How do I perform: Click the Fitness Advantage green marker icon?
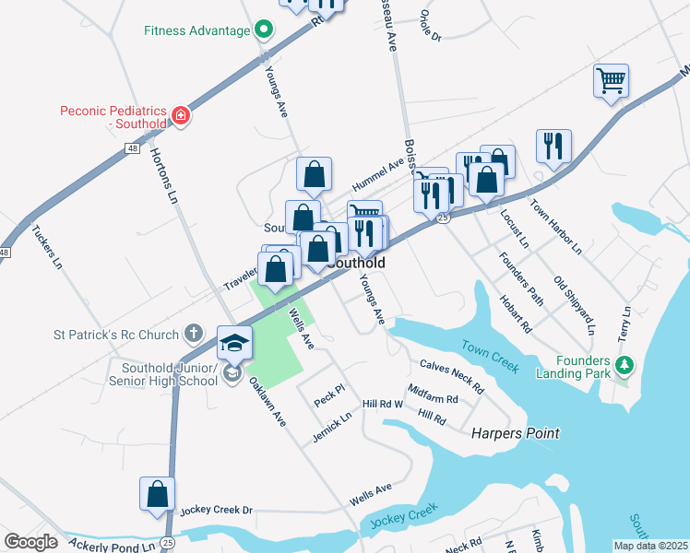point(263,30)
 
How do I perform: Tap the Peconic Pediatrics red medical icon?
point(182,116)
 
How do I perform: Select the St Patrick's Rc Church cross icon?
point(193,332)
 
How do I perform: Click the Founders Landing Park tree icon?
point(625,367)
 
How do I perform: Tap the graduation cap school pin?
point(234,343)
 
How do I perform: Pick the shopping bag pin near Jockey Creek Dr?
point(158,493)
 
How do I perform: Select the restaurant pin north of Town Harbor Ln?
point(553,146)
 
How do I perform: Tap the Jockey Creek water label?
point(402,517)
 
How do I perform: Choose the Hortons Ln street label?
point(163,175)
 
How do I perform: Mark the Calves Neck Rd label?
point(452,377)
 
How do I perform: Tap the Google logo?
point(30,542)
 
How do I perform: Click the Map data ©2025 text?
point(650,546)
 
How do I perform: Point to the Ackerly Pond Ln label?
point(110,547)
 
